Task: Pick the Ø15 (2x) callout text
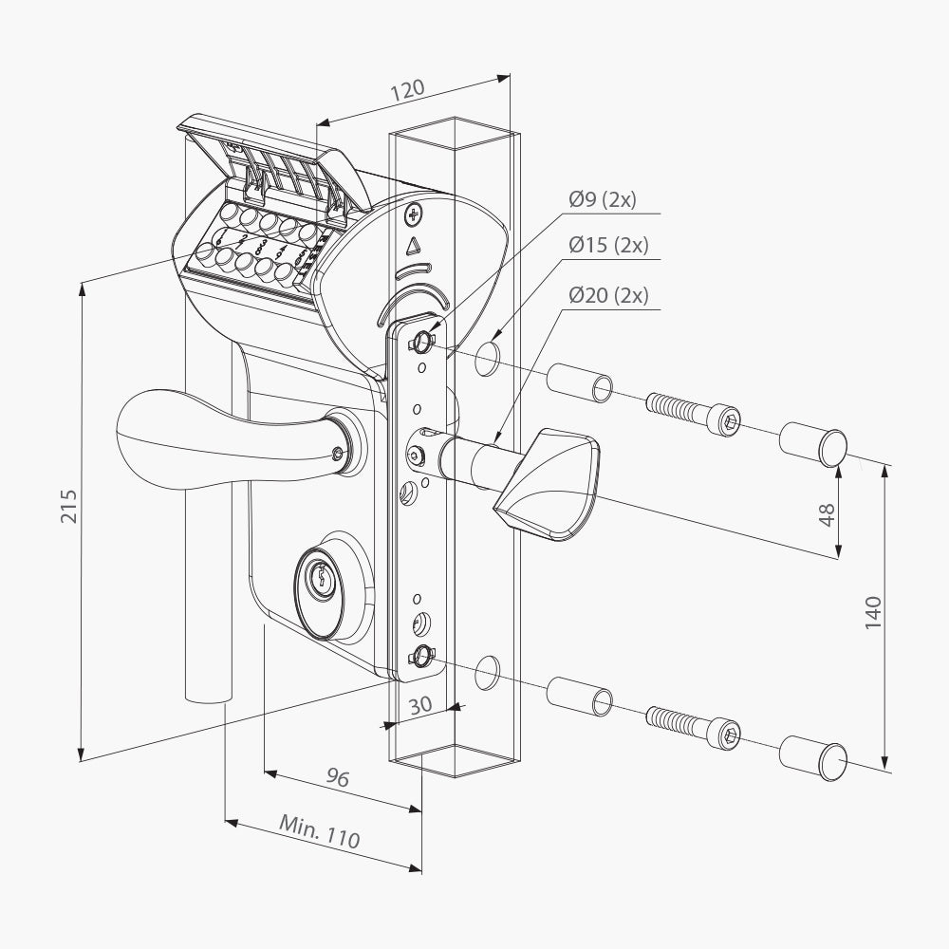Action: (607, 245)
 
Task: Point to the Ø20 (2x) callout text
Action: (607, 295)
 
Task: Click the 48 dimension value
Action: (827, 513)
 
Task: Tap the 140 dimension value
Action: (873, 612)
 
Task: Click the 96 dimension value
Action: (337, 778)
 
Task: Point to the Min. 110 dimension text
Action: (320, 831)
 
